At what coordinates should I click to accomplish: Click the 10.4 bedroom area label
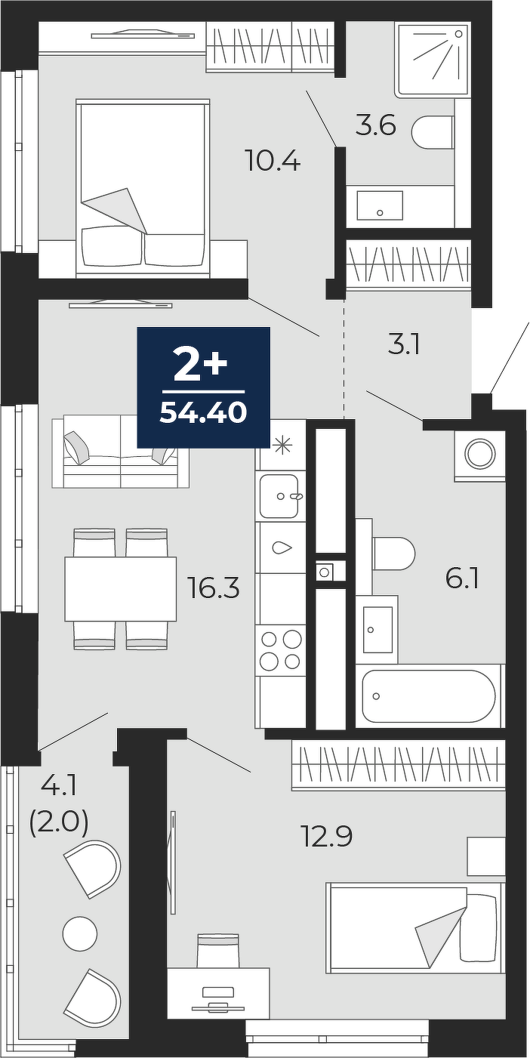click(273, 162)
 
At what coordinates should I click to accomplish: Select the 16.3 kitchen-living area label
click(214, 588)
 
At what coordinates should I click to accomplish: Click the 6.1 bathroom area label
click(462, 578)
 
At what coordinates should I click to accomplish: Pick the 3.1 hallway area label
click(404, 345)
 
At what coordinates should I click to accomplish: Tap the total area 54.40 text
click(203, 413)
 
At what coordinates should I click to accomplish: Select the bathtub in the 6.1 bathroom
click(430, 696)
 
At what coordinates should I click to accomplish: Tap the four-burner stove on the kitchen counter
click(281, 649)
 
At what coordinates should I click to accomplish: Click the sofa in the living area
click(121, 452)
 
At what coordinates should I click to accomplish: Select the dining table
click(121, 588)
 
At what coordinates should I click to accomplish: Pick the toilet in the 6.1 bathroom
click(393, 554)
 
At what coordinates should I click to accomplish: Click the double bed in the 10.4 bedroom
click(143, 188)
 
